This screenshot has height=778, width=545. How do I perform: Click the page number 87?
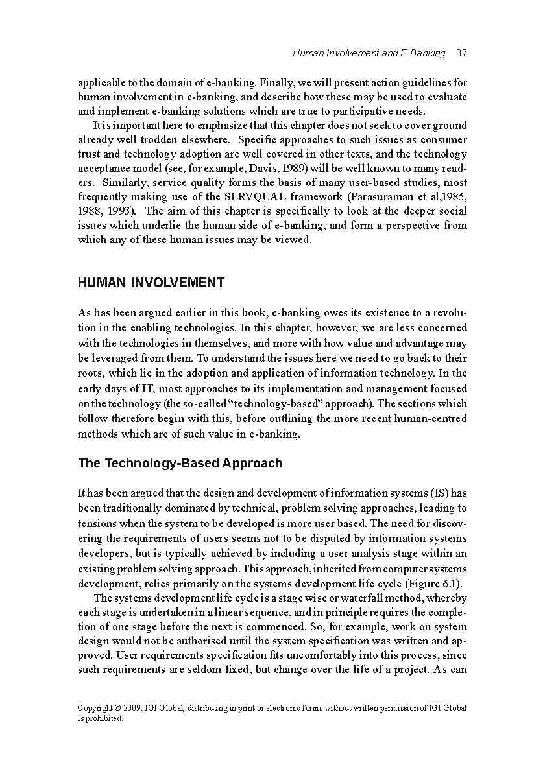click(461, 53)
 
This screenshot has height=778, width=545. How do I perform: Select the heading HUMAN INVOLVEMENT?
click(151, 283)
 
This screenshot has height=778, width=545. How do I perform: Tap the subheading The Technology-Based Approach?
click(180, 463)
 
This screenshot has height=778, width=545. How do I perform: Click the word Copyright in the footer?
click(94, 708)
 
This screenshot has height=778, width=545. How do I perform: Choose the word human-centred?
click(434, 419)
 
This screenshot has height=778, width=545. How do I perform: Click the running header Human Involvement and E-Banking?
click(369, 53)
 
